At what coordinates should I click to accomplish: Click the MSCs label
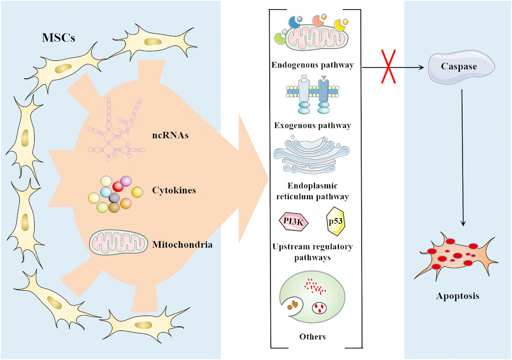coord(58,38)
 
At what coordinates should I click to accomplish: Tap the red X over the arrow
coord(389,67)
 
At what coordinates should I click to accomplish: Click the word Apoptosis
coord(457,296)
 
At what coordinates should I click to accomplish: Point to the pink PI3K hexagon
coord(294,222)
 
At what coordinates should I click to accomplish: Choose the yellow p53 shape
coord(336,221)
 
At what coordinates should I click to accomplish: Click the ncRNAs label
coord(170,135)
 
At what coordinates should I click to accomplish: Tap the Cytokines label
coord(174,190)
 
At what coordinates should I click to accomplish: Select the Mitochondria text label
coord(182,245)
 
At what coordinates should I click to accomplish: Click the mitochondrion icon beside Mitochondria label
coord(118,243)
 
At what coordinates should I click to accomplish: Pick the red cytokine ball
coord(118,186)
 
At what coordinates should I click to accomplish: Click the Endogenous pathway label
coord(313,65)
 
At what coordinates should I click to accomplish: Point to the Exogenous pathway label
coord(313,125)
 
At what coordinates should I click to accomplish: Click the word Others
coord(313,337)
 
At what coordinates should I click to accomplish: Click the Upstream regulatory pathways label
coord(313,252)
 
